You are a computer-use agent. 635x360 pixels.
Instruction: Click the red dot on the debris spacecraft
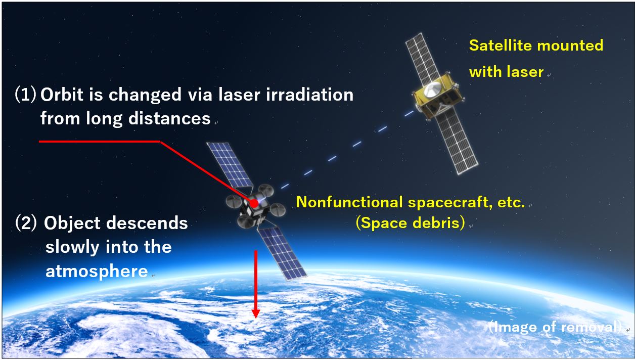point(254,203)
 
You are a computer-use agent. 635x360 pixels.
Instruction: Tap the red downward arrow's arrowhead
point(256,313)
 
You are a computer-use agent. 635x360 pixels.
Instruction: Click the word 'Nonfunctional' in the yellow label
point(349,202)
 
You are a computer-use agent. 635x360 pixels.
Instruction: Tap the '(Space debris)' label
point(410,222)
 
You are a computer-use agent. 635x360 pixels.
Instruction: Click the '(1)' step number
point(25,95)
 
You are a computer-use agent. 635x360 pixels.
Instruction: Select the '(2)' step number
point(26,223)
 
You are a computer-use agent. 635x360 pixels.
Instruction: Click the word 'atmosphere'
point(97,271)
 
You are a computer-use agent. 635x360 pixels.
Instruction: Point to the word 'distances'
point(169,118)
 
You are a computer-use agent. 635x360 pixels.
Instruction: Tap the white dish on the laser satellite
point(433,89)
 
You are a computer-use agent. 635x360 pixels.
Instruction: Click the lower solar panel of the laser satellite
point(456,141)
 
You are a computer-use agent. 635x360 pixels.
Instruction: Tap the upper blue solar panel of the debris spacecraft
point(230,164)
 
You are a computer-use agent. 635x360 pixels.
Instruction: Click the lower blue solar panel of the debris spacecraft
point(282,253)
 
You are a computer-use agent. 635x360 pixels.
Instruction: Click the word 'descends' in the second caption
point(147,223)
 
